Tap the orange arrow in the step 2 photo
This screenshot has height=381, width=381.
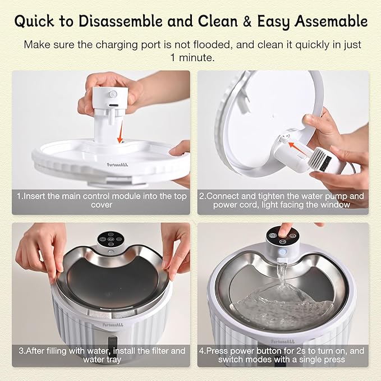coord(297,147)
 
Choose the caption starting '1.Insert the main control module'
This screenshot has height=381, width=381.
coord(101,200)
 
